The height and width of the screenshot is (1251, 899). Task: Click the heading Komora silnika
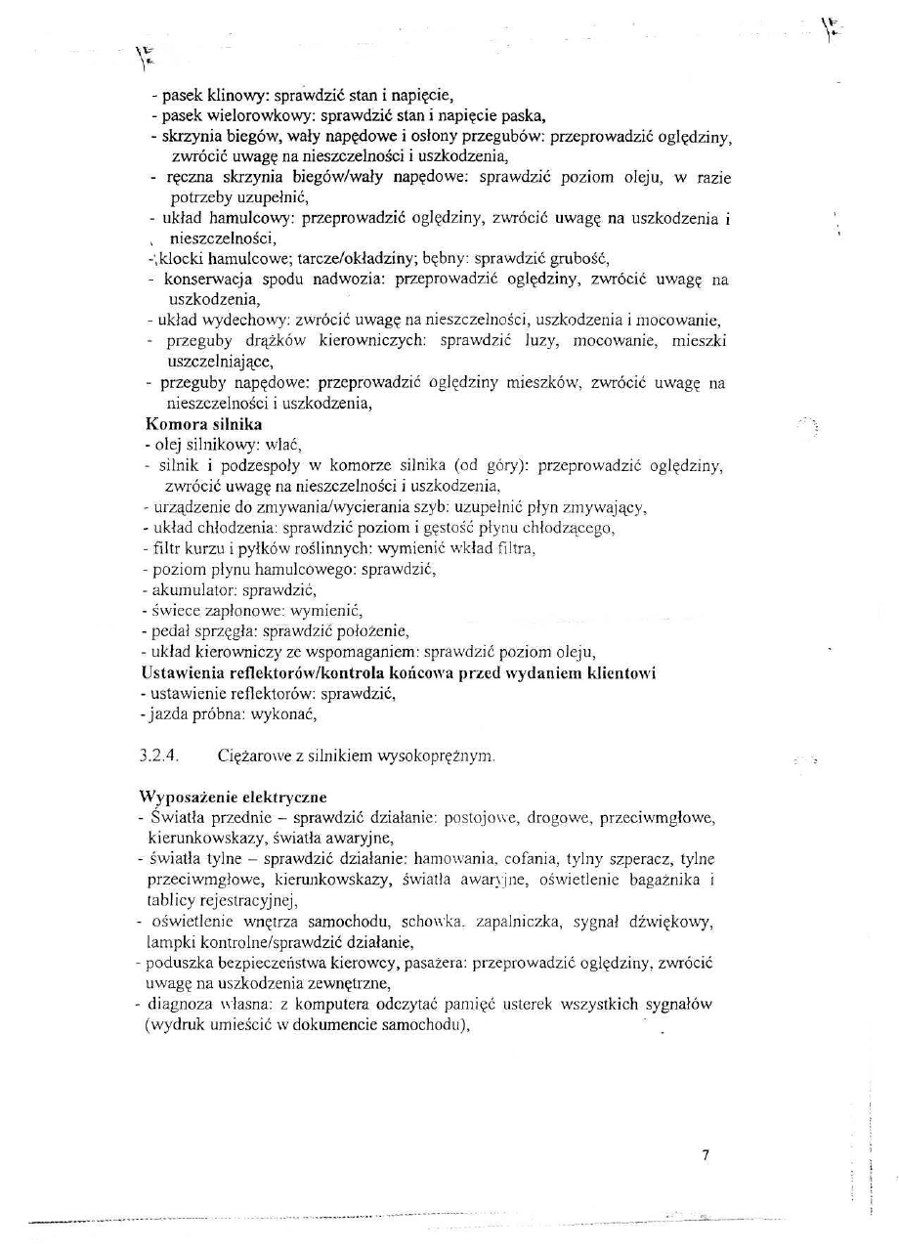tap(203, 425)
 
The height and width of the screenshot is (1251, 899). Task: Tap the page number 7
tap(706, 1155)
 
